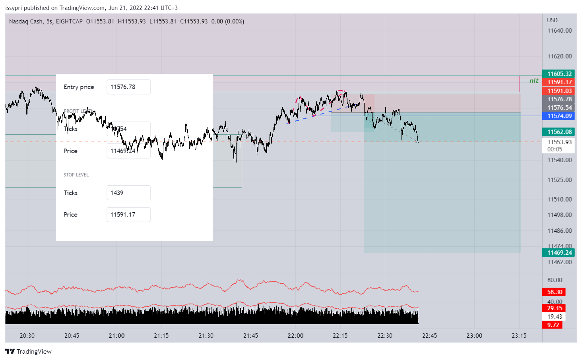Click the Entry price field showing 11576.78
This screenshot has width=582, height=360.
[128, 87]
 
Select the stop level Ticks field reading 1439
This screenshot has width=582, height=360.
[128, 193]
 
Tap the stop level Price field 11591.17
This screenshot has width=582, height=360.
[128, 215]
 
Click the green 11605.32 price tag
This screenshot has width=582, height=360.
[559, 74]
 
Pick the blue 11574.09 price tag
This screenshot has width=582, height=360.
[559, 116]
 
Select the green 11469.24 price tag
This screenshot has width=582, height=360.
[559, 253]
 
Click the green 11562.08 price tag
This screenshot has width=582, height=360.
[559, 132]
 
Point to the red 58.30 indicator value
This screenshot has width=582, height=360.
[554, 292]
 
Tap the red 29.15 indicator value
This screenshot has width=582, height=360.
[554, 308]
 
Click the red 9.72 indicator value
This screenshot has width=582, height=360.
[553, 325]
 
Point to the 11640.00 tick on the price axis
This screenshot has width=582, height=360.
[559, 31]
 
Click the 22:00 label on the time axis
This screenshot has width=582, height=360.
[295, 336]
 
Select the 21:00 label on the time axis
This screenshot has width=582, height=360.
[116, 336]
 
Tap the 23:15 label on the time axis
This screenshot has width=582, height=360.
[519, 336]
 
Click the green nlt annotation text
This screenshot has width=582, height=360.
[533, 81]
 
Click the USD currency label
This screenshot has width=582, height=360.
[552, 20]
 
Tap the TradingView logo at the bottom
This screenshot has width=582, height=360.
[28, 352]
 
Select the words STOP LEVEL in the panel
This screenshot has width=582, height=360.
[76, 175]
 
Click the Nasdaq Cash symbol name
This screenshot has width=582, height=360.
[26, 21]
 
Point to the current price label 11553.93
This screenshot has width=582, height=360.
[559, 142]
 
